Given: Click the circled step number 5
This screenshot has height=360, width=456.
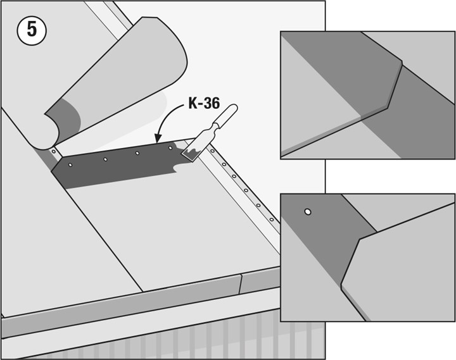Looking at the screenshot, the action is pos(32,30).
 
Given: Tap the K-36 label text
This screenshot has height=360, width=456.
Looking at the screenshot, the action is pos(204,103).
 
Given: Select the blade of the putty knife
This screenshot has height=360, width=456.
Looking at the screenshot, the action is pos(191,151).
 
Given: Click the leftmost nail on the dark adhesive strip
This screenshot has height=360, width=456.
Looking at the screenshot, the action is pos(70,164).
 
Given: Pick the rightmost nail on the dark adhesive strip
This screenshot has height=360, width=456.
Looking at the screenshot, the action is pos(170,148).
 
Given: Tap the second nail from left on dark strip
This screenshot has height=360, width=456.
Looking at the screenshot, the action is pos(105,159).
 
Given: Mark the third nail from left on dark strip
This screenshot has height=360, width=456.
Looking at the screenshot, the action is pos(137,153).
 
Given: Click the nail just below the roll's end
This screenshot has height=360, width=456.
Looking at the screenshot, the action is pos(53,151).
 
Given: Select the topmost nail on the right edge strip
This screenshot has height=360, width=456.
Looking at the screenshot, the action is pos(213,151).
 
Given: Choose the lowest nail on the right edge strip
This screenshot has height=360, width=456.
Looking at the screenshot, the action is pos(272,220).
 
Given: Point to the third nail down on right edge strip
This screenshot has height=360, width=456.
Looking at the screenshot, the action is pos(234,177).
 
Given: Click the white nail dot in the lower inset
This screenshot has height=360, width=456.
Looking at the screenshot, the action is pos(308,212).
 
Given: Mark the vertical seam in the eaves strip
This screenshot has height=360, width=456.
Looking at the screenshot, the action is pos(240,284).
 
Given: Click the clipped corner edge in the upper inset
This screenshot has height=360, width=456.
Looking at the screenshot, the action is pos(395,85).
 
